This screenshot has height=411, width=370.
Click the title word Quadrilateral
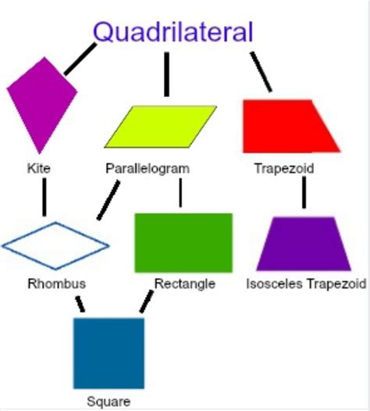point(173,32)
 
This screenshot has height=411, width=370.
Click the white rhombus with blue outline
point(55,245)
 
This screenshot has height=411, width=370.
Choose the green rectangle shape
point(183,241)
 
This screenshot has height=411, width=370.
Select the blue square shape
point(109,352)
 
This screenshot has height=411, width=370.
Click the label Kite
point(40,168)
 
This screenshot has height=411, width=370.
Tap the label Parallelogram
point(147,168)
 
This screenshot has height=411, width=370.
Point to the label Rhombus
point(56,284)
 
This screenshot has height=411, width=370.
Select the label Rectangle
point(184,284)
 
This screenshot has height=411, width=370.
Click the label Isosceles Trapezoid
point(305,284)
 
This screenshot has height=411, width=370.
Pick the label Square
point(109,402)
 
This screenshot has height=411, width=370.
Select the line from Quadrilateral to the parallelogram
point(166,73)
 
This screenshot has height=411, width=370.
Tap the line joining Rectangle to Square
point(145,302)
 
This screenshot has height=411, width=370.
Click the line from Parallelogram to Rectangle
point(180,193)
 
